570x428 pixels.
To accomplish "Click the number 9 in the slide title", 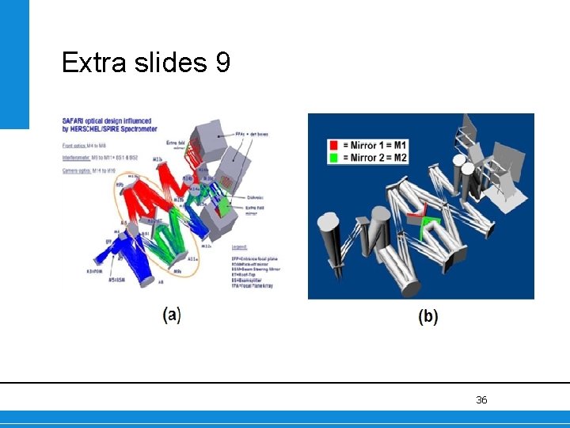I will pos(222,62).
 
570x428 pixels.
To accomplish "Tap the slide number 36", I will pos(481,400).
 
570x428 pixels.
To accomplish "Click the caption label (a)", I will pos(172,315).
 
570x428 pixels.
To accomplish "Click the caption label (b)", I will pos(427,316).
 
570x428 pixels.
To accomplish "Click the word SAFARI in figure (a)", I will pos(72,121).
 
